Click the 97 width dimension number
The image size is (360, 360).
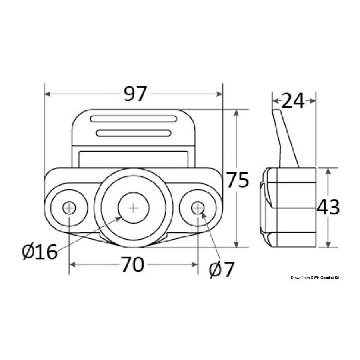(x=135, y=94)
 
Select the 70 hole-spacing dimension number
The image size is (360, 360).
(x=132, y=264)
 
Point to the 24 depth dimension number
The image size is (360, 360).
(x=293, y=100)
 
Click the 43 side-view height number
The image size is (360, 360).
(x=328, y=207)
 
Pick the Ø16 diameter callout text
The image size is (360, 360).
(x=40, y=252)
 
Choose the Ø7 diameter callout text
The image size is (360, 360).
(x=221, y=270)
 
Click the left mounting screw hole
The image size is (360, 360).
(x=69, y=208)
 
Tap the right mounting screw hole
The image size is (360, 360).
(x=198, y=208)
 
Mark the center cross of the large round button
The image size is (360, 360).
(x=133, y=208)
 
